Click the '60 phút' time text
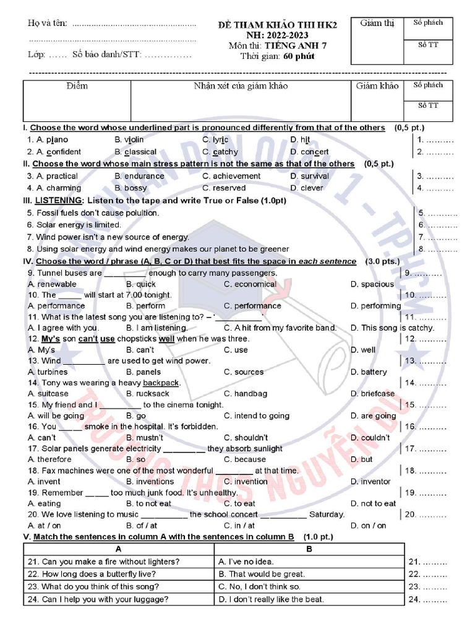tap(299, 56)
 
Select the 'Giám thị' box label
tap(377, 24)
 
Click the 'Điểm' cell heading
tap(77, 86)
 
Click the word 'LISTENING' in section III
tap(59, 201)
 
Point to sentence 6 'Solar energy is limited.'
tap(74, 225)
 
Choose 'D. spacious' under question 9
tap(372, 284)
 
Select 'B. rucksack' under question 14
tap(147, 394)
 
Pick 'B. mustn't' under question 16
tap(145, 438)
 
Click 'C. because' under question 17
tap(244, 459)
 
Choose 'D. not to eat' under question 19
tap(373, 503)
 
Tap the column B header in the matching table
tap(309, 549)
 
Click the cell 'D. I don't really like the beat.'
tap(271, 599)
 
